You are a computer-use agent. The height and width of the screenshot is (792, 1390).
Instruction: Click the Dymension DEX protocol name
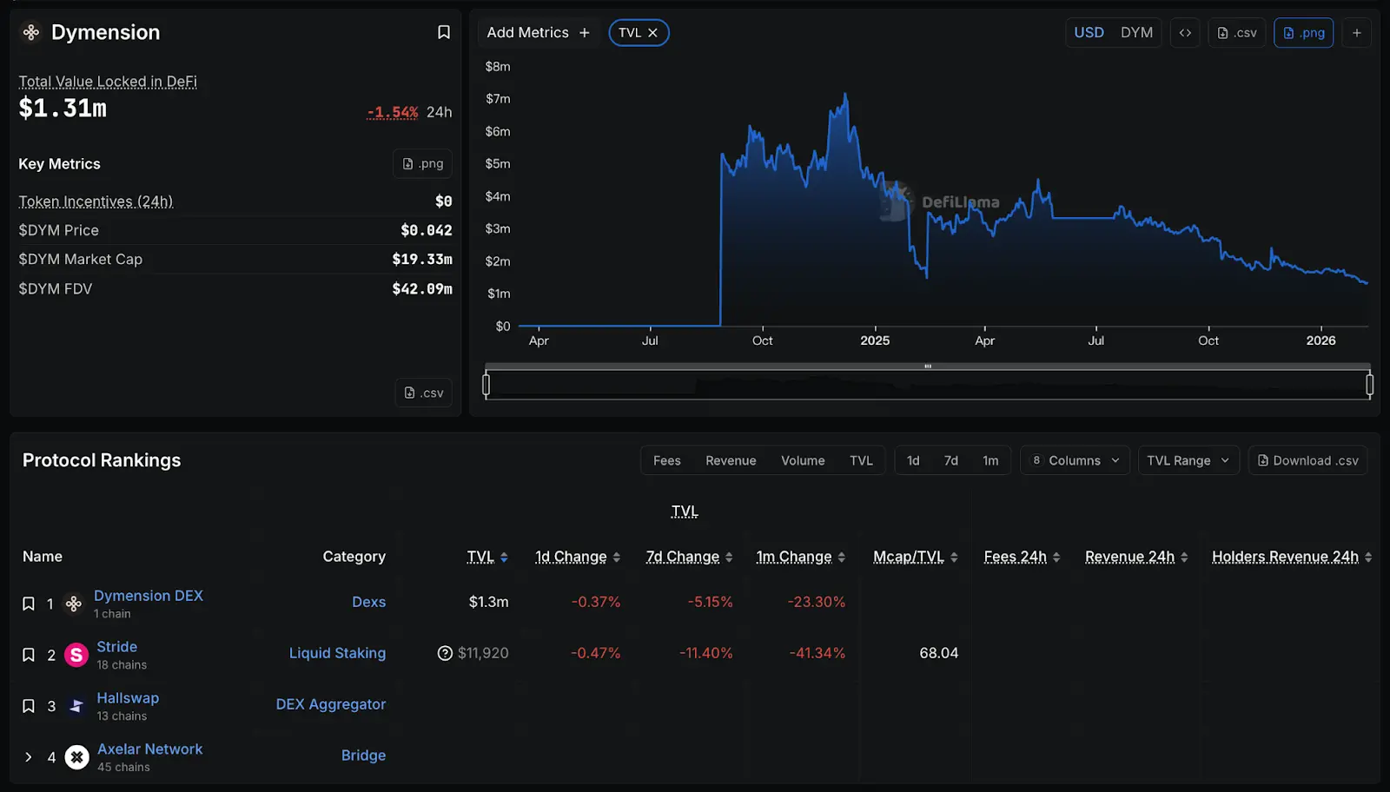click(148, 596)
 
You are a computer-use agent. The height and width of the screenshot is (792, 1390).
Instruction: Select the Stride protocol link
click(116, 647)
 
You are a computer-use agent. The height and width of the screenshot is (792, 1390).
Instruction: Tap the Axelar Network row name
click(149, 749)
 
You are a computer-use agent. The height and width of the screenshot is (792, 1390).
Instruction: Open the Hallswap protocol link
click(128, 698)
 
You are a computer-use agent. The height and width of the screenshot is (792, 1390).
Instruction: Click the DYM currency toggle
click(1136, 33)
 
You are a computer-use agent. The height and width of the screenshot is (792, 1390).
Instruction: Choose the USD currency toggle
click(1089, 33)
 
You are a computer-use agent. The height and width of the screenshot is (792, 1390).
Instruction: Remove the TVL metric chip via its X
click(652, 33)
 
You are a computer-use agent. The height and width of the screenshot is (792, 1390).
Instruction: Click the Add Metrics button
click(538, 33)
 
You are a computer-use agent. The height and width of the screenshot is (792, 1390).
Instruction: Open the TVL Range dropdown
click(1188, 460)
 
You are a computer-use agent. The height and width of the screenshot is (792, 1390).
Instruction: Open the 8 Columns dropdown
click(1076, 460)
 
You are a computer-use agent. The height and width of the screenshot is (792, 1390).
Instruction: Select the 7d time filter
click(951, 460)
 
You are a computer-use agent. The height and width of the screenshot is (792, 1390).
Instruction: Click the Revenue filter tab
click(731, 460)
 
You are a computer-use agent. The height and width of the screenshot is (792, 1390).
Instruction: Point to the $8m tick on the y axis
click(498, 67)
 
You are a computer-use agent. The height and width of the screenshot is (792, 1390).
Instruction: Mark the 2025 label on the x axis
click(875, 340)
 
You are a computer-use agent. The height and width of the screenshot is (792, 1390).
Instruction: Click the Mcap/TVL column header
click(908, 557)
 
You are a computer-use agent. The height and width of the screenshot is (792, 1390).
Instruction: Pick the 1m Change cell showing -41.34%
click(817, 653)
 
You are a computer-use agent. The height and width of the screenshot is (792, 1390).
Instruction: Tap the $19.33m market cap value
click(422, 259)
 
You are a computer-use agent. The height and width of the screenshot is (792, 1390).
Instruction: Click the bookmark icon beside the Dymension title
click(443, 32)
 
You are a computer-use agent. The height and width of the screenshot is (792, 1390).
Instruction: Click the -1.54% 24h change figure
click(393, 112)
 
